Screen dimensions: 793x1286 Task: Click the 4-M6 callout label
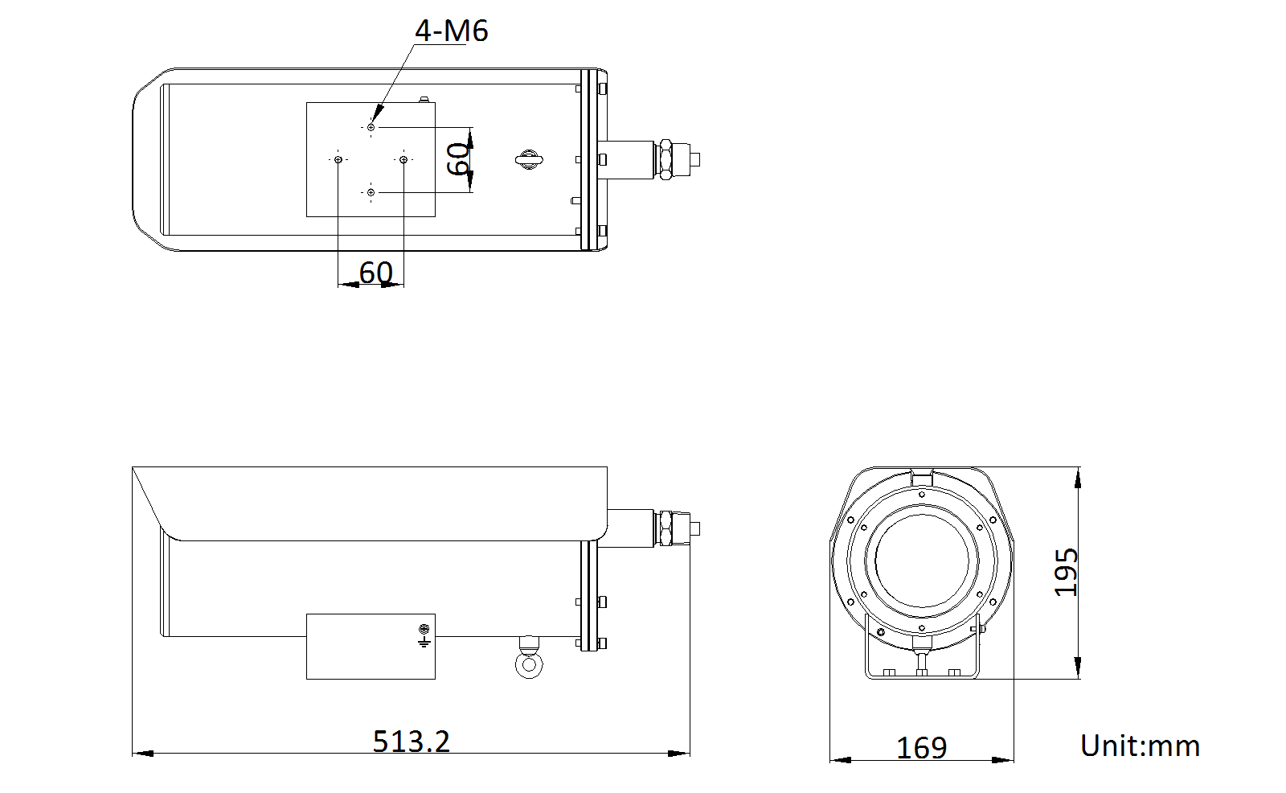[451, 31]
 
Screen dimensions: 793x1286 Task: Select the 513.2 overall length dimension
[411, 741]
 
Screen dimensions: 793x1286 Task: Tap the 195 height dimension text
[1067, 572]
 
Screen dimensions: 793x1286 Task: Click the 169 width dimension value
[921, 748]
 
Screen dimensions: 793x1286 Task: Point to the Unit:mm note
[1140, 746]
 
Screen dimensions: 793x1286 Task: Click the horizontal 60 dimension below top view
[375, 273]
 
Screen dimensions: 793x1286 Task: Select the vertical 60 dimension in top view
[459, 158]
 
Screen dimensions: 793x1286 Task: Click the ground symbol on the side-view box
[424, 635]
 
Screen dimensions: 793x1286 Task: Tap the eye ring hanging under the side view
[528, 664]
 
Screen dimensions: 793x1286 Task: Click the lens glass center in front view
[922, 561]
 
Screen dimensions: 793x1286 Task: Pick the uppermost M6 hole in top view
[371, 127]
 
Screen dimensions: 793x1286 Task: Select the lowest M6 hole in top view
[371, 192]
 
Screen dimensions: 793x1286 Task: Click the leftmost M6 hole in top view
[338, 159]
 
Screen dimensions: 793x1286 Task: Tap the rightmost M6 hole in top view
[403, 159]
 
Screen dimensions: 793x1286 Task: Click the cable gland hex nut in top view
[666, 159]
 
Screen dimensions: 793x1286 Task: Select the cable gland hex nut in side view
[666, 528]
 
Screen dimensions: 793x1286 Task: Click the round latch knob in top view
[528, 159]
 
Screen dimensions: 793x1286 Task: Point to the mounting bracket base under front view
[922, 672]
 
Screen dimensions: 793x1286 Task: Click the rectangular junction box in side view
[370, 647]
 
